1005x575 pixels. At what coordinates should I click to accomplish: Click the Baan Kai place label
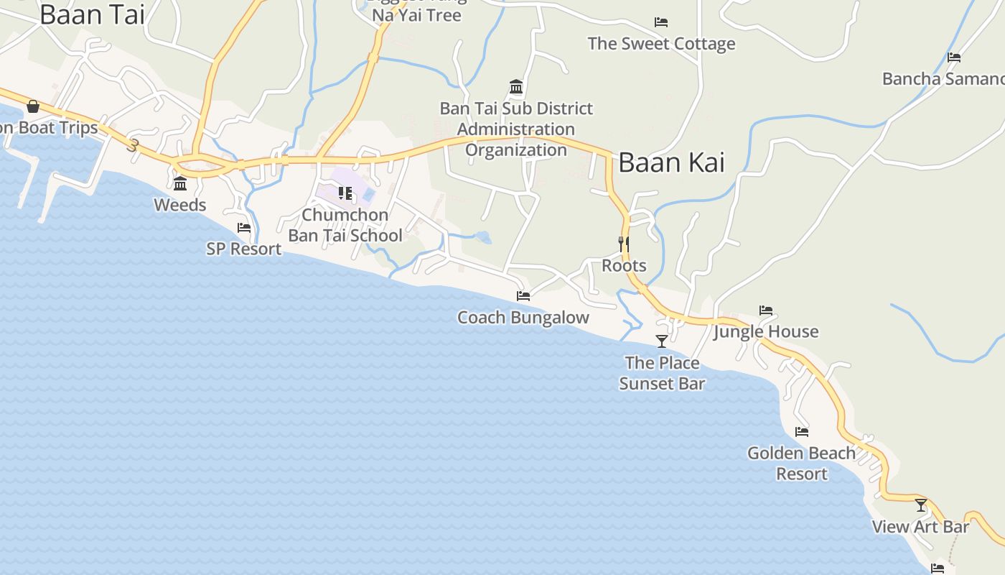pos(671,163)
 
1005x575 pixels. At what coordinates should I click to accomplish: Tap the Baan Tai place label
pos(92,14)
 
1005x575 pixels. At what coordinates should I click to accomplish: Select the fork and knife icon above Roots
pos(624,244)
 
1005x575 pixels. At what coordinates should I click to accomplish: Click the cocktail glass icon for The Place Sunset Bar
pos(662,341)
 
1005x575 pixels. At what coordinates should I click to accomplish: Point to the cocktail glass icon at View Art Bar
pos(920,505)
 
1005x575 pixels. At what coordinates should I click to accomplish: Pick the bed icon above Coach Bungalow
pos(523,295)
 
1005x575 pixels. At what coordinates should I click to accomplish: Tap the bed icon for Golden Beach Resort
pos(802,432)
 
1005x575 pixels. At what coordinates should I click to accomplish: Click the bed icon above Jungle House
pos(766,310)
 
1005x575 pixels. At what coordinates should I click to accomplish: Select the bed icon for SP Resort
pos(244,228)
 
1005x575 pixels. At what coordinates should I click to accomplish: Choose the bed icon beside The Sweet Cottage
pos(661,22)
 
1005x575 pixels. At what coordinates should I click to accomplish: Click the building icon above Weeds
pos(180,184)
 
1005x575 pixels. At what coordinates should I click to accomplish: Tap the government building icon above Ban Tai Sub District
pos(515,88)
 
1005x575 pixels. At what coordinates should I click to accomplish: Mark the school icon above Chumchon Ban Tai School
pos(345,193)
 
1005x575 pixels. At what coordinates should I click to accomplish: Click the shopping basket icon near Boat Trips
pos(33,107)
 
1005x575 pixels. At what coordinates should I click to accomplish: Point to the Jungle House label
pos(766,331)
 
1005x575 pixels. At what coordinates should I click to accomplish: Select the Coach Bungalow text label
pos(523,318)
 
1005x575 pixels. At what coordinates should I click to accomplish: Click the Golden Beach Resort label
pos(802,464)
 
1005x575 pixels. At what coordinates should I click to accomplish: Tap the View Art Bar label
pos(920,527)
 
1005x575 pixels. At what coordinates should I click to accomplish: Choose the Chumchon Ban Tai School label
pos(345,225)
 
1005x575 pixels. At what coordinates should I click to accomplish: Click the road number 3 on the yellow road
pos(132,146)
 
